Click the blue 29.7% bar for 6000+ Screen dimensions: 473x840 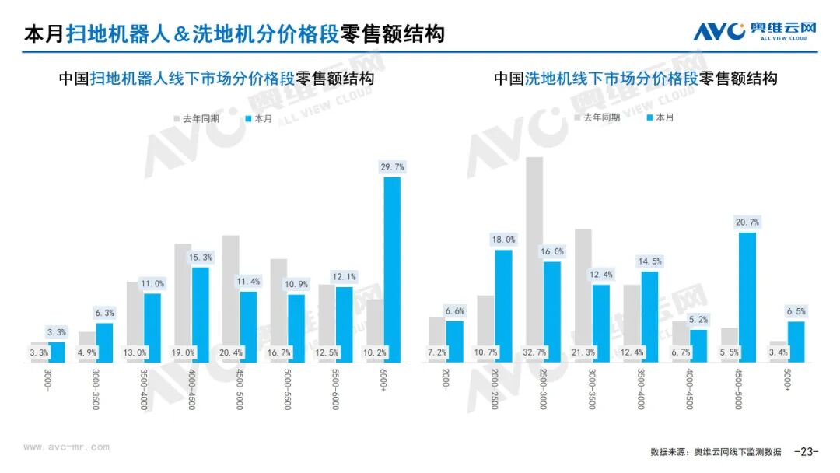[392, 270]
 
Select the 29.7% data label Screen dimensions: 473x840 [392, 167]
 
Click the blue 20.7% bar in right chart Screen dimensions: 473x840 [747, 297]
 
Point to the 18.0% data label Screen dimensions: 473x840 [504, 240]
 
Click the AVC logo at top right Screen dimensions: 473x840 [755, 30]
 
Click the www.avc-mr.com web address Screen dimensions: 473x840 [66, 447]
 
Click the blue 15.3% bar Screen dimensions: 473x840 [200, 314]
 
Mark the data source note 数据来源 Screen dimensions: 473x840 [716, 452]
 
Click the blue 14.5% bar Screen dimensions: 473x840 [649, 317]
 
